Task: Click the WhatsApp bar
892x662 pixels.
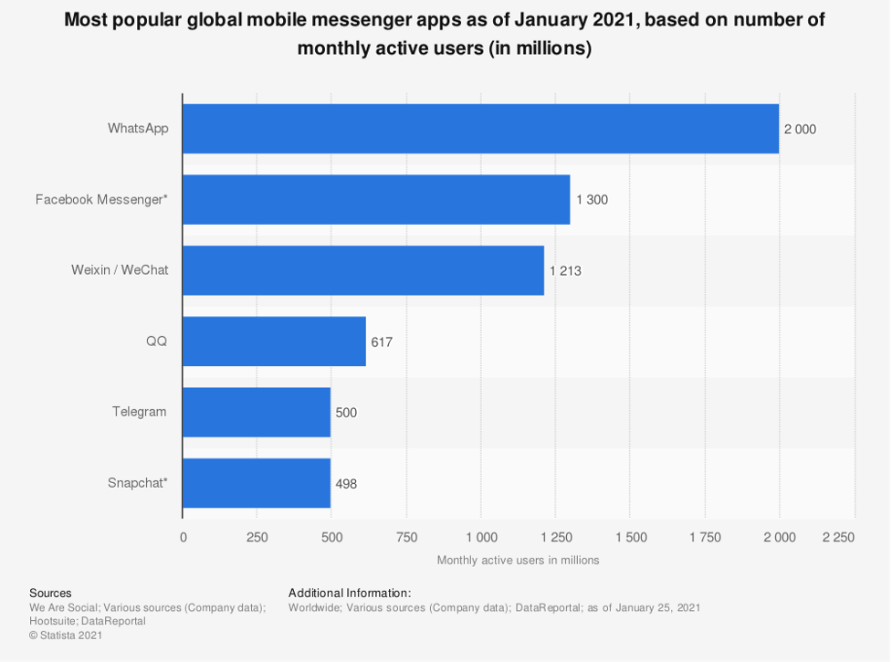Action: pyautogui.click(x=480, y=129)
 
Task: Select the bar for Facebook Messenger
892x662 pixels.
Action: pyautogui.click(x=376, y=199)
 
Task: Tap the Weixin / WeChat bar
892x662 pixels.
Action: pyautogui.click(x=363, y=270)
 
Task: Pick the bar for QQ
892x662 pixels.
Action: pyautogui.click(x=274, y=342)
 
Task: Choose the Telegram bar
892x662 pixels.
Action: pyautogui.click(x=257, y=412)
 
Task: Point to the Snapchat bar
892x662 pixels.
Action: pyautogui.click(x=257, y=483)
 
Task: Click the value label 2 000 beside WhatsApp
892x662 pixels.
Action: pyautogui.click(x=800, y=130)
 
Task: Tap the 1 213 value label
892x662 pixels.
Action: pyautogui.click(x=565, y=271)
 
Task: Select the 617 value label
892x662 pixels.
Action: pyautogui.click(x=382, y=342)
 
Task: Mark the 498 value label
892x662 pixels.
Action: pyautogui.click(x=346, y=484)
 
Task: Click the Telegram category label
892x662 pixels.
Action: pyautogui.click(x=139, y=412)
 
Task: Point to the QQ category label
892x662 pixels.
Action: pyautogui.click(x=156, y=342)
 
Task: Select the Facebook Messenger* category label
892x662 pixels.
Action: pyautogui.click(x=101, y=199)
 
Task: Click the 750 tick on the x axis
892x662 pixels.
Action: pyautogui.click(x=406, y=538)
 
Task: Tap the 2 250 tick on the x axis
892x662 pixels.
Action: pyautogui.click(x=837, y=538)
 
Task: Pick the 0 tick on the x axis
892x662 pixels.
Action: pyautogui.click(x=184, y=538)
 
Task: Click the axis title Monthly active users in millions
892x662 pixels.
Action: pyautogui.click(x=518, y=560)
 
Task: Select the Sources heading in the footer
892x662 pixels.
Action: pyautogui.click(x=50, y=593)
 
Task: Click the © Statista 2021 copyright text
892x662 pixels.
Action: pyautogui.click(x=66, y=635)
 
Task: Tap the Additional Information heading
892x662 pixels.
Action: pyautogui.click(x=350, y=593)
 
